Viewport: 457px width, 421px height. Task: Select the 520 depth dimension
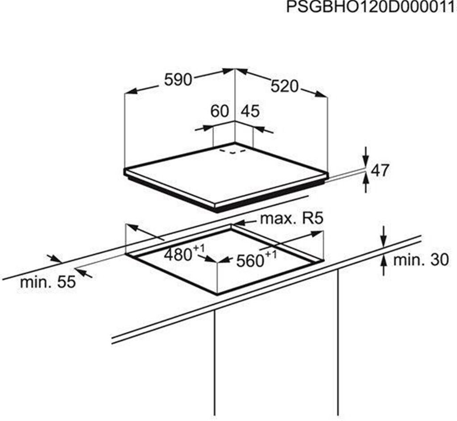click(x=284, y=86)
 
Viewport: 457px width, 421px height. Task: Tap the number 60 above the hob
click(x=220, y=111)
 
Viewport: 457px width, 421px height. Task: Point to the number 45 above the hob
click(x=250, y=111)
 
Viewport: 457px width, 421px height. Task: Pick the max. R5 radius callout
click(x=291, y=219)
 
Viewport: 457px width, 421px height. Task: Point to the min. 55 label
click(x=48, y=282)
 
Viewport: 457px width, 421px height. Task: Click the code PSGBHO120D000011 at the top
click(x=370, y=8)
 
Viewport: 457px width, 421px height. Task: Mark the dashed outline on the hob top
click(x=233, y=152)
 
